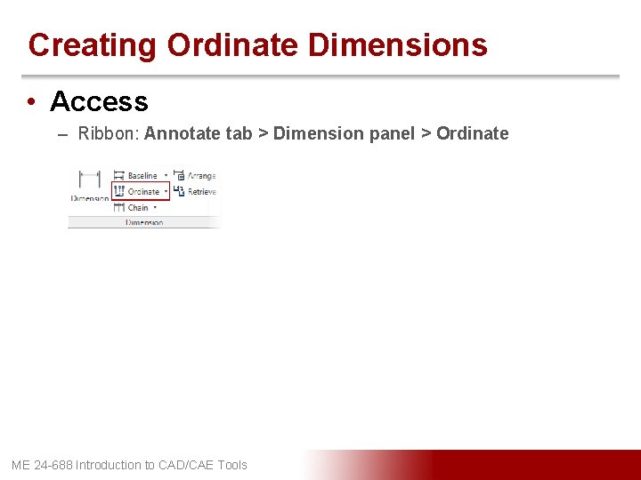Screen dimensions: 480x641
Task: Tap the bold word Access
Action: click(x=99, y=101)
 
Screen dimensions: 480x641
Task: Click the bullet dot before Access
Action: click(x=31, y=102)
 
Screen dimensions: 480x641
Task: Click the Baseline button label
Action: click(x=142, y=176)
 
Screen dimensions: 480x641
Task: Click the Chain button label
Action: click(x=138, y=207)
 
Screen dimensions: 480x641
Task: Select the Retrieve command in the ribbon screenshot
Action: click(x=201, y=191)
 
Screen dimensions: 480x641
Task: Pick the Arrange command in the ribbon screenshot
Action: click(x=201, y=176)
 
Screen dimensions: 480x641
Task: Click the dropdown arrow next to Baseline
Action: click(x=166, y=176)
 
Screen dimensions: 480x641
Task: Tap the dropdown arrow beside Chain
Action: click(x=157, y=207)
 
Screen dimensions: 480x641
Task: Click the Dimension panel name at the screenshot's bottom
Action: click(x=143, y=222)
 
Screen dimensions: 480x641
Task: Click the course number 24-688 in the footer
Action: click(x=53, y=465)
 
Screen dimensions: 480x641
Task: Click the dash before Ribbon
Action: click(x=63, y=134)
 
